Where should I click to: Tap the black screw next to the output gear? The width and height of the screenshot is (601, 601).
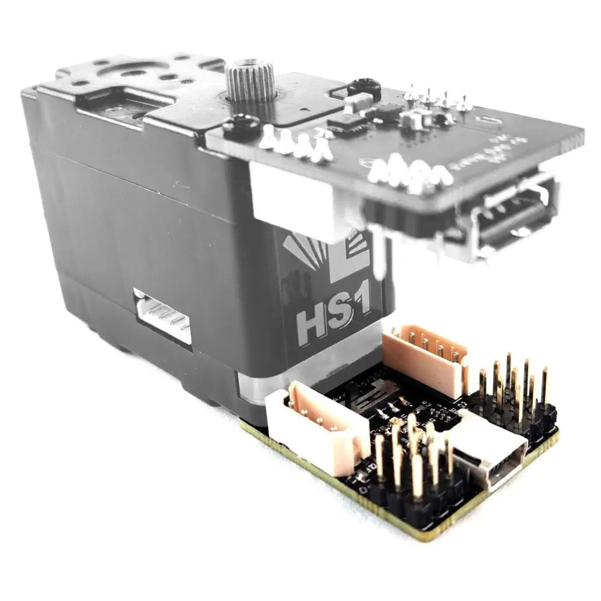pyautogui.click(x=242, y=126)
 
